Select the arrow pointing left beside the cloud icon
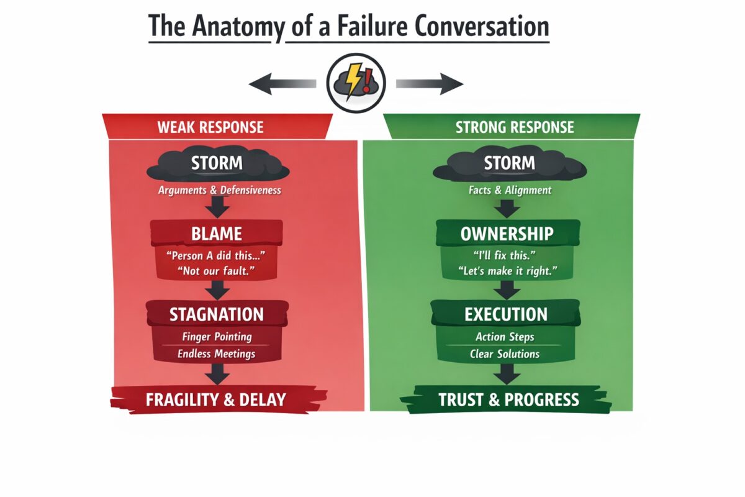click(x=282, y=83)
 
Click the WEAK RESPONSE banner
click(x=210, y=127)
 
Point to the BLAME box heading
click(x=216, y=234)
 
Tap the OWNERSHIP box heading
click(x=507, y=234)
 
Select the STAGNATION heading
click(x=216, y=314)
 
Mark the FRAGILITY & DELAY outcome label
click(x=216, y=399)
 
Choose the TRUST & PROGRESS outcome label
click(x=508, y=399)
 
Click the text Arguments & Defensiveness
click(x=219, y=190)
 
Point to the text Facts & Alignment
click(x=510, y=190)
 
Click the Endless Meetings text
click(x=216, y=353)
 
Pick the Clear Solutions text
click(x=507, y=353)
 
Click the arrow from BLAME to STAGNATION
click(x=216, y=290)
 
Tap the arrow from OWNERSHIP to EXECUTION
click(x=507, y=290)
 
